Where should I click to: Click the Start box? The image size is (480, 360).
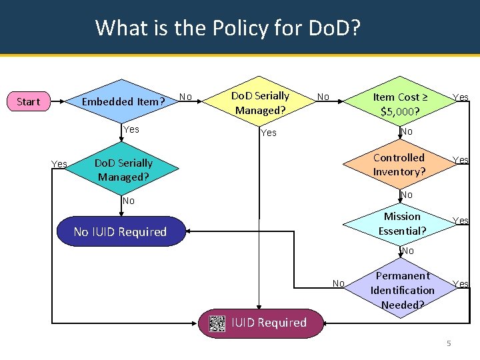(x=28, y=102)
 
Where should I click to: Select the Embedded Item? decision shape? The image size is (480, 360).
(x=122, y=102)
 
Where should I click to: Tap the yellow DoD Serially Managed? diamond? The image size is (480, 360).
(x=260, y=103)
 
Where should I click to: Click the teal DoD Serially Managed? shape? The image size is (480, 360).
(x=123, y=170)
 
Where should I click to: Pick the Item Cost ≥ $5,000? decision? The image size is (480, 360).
(x=400, y=104)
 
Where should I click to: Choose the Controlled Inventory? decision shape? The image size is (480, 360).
(x=399, y=165)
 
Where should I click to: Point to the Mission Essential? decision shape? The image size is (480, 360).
(x=402, y=223)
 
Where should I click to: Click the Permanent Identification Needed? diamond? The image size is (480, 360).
(x=402, y=290)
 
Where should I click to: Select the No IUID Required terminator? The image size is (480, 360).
(x=120, y=232)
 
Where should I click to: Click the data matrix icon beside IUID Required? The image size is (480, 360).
(x=217, y=323)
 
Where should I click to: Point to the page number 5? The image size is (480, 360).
(x=449, y=343)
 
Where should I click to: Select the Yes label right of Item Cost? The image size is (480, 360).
(x=461, y=97)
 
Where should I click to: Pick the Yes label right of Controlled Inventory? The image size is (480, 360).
(x=461, y=160)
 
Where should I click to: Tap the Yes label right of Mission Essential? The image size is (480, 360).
(x=461, y=221)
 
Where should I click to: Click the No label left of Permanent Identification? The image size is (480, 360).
(x=339, y=284)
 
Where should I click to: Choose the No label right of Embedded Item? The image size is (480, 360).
(x=186, y=97)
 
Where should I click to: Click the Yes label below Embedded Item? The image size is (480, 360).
(x=131, y=129)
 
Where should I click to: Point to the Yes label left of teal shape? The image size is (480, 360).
(x=59, y=164)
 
